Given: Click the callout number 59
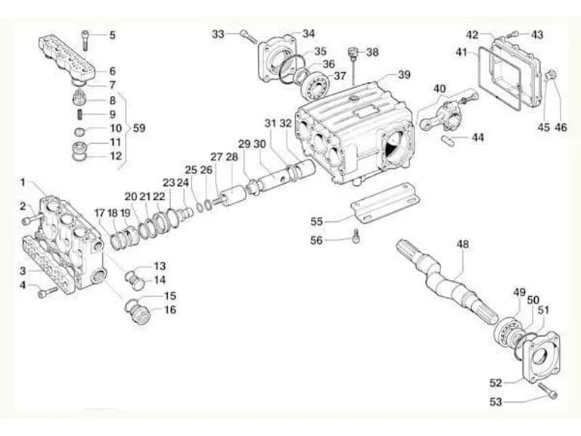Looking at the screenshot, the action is tap(139, 128).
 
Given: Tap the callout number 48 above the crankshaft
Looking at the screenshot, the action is tap(463, 244).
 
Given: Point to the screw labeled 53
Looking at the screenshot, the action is tap(548, 391).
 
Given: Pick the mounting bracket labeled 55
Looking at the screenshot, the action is tap(384, 202).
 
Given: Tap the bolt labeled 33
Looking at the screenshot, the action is tap(248, 36).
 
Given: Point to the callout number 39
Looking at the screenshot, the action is tap(404, 74).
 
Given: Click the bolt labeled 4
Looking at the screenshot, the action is tap(48, 292).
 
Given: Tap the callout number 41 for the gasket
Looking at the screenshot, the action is tap(461, 52).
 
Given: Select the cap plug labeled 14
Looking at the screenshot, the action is tap(137, 282).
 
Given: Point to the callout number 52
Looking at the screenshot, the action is tap(496, 382).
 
